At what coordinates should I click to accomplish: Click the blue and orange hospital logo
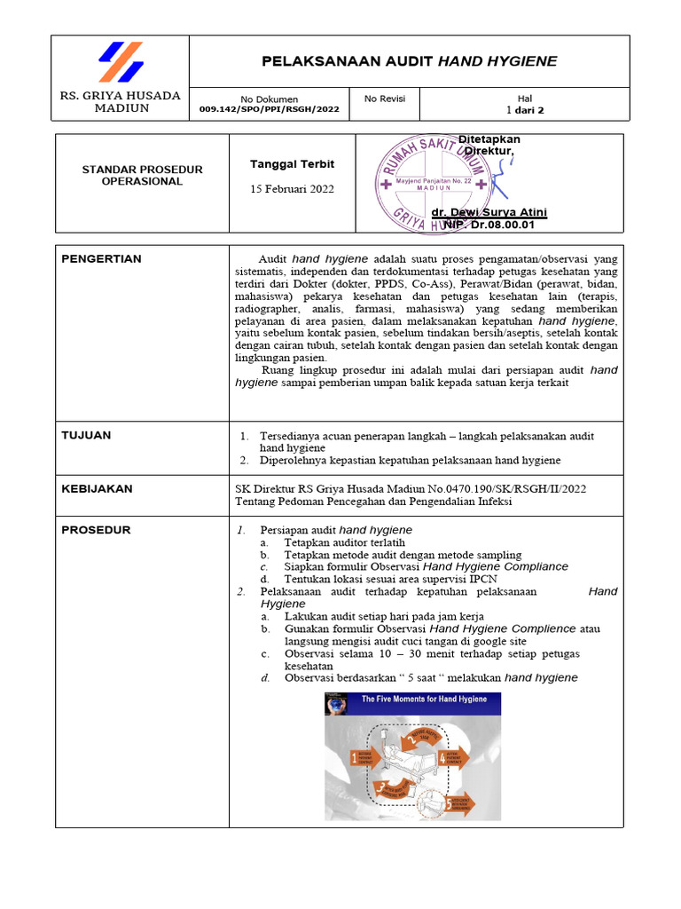point(121,62)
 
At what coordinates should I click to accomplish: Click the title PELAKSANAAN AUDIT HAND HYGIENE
point(409,61)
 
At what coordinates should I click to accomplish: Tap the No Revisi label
point(385,99)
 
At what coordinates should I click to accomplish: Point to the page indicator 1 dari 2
point(525,111)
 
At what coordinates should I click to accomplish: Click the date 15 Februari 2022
point(292,189)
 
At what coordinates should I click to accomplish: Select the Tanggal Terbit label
point(292,164)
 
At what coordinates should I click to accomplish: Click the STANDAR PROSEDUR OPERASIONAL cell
point(142,175)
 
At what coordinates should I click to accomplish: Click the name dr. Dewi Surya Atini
point(489,213)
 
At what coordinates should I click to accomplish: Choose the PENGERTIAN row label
point(101,259)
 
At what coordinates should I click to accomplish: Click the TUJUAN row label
point(86,435)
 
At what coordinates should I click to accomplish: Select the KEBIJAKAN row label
point(97,488)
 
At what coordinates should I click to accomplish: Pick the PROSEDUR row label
point(96,530)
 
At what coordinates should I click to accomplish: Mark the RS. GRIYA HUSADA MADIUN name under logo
point(120,102)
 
